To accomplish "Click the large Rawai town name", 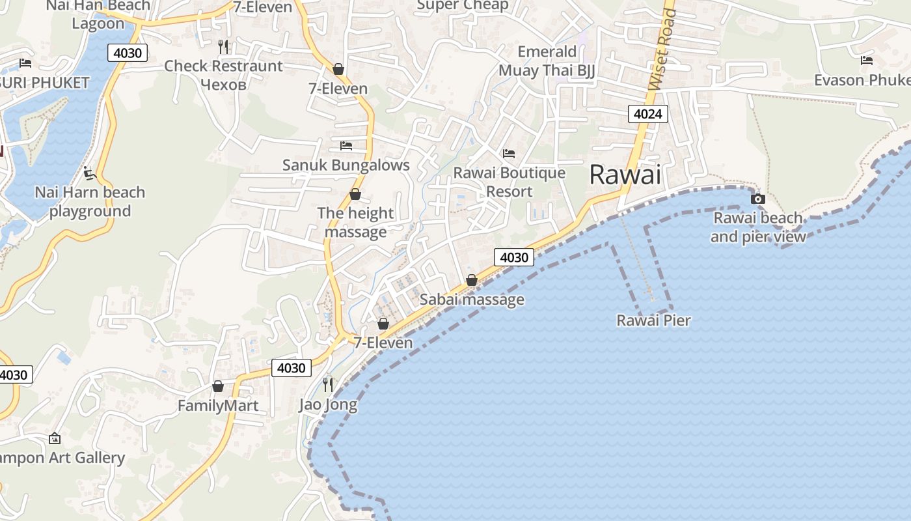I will click(x=625, y=175).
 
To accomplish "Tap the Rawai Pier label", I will click(x=653, y=320).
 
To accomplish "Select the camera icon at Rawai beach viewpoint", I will click(x=757, y=199).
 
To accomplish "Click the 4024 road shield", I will click(x=648, y=114).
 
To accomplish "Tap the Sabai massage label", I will click(x=472, y=300).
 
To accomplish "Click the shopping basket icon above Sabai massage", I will click(x=472, y=280).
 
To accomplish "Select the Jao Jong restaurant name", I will click(x=328, y=404).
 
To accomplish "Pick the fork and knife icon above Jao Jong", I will click(x=328, y=384).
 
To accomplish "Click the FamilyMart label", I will click(x=218, y=406).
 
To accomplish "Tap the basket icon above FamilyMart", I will click(x=218, y=386).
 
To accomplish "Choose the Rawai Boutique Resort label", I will click(x=510, y=182).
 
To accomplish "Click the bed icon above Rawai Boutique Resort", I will click(x=509, y=154).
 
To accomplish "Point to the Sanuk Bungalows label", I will click(x=346, y=165).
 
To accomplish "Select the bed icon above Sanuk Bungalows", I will click(x=346, y=145).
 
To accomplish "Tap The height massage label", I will click(x=355, y=222).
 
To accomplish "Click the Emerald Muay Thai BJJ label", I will click(x=547, y=61).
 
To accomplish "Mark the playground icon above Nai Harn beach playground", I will click(x=90, y=173).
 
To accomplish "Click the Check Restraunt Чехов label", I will click(x=223, y=75).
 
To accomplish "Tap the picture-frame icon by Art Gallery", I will click(x=55, y=438).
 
